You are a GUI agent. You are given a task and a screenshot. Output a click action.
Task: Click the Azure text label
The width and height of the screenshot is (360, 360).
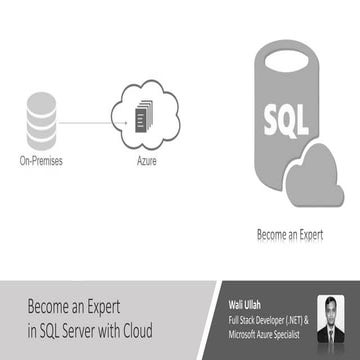[146, 159]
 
